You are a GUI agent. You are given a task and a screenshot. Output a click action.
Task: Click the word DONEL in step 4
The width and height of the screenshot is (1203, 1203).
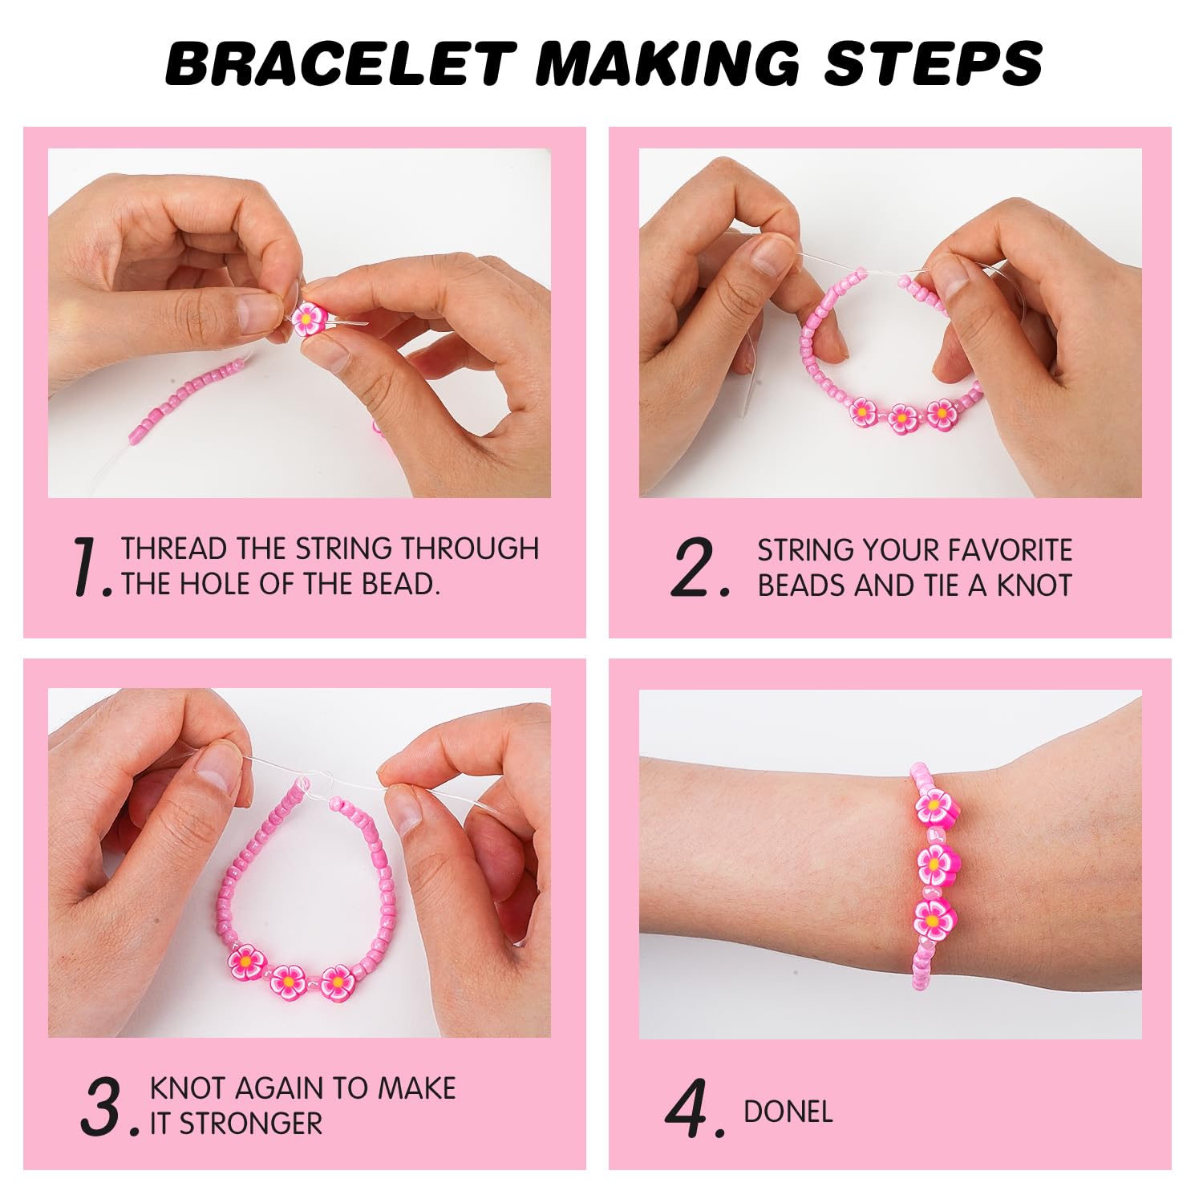coord(788,1112)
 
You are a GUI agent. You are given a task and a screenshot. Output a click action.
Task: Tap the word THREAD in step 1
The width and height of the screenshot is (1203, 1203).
coord(174,549)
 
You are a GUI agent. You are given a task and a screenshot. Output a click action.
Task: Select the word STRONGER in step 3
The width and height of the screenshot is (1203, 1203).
coord(250,1124)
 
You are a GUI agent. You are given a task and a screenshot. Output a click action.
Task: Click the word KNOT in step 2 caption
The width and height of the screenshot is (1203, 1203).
coord(1034,585)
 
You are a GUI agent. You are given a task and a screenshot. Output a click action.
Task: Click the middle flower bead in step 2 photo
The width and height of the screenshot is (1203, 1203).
coord(902,417)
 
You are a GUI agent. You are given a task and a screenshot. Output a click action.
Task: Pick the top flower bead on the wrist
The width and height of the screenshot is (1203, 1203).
coord(935,808)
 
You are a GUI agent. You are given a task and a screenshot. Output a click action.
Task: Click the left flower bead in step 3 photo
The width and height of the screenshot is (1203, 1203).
coord(245,962)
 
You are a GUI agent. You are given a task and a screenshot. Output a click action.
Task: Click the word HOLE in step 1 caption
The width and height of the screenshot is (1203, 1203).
coord(217,584)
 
